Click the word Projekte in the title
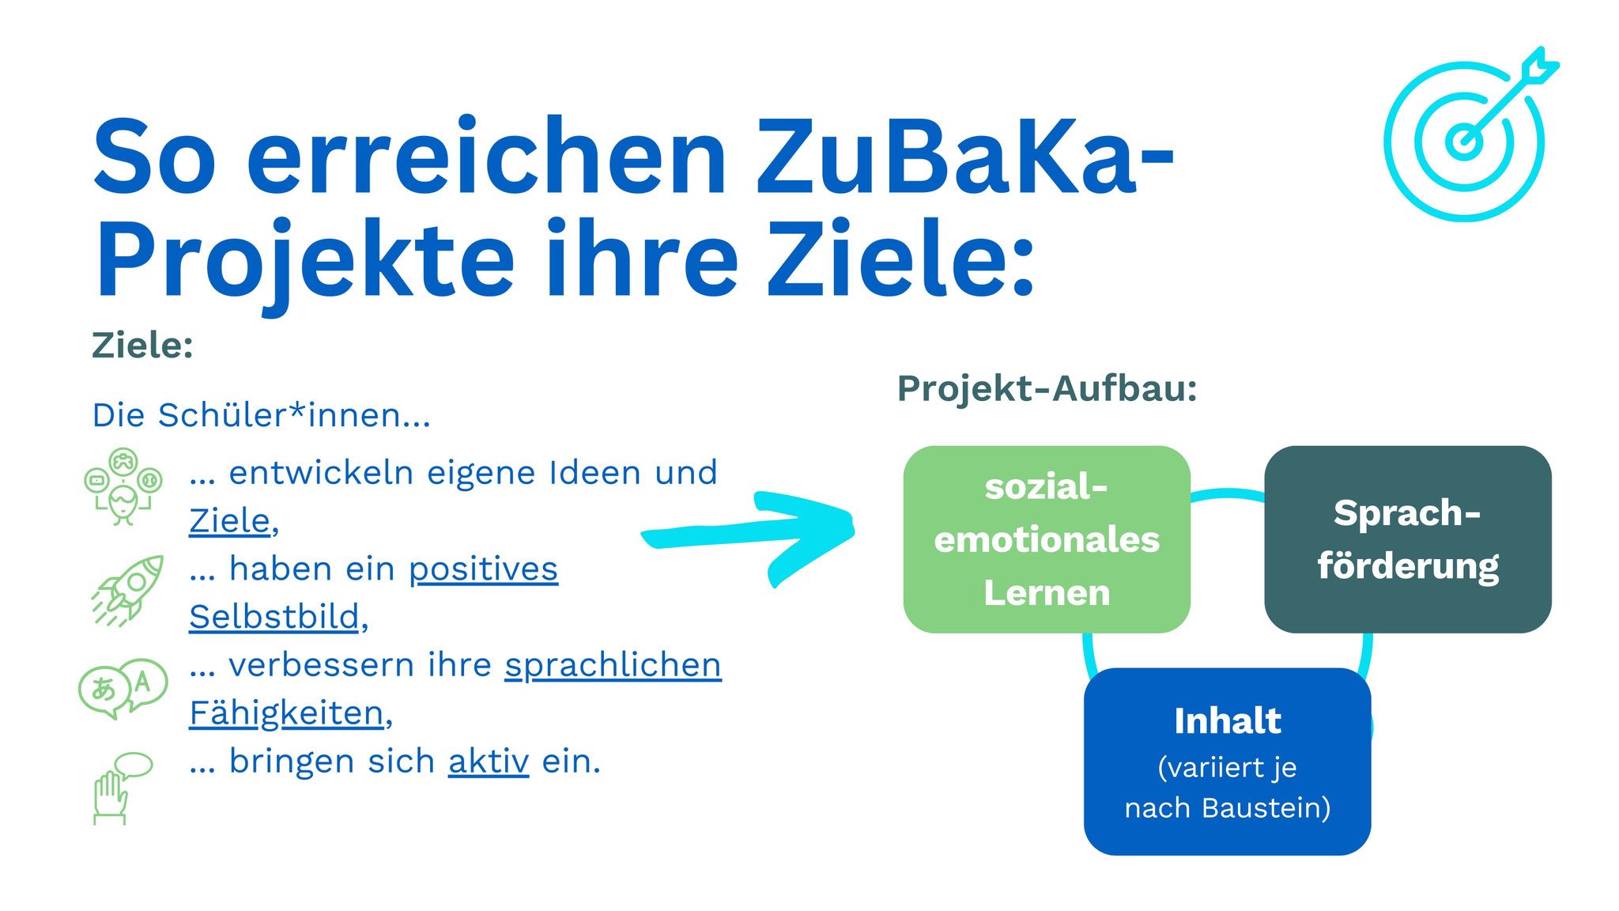click(x=305, y=261)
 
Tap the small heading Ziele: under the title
click(x=142, y=346)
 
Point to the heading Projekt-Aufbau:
click(x=1047, y=389)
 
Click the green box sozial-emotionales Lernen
click(x=1047, y=539)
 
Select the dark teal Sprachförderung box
click(x=1408, y=539)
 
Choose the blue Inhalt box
click(x=1227, y=762)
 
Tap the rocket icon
click(x=128, y=590)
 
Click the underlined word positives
click(x=483, y=569)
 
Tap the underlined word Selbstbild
click(x=274, y=617)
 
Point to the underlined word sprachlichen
click(x=613, y=666)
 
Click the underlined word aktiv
click(x=489, y=762)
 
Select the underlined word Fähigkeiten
click(x=286, y=713)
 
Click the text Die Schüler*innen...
click(x=261, y=415)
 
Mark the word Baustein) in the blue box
click(x=1266, y=808)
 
